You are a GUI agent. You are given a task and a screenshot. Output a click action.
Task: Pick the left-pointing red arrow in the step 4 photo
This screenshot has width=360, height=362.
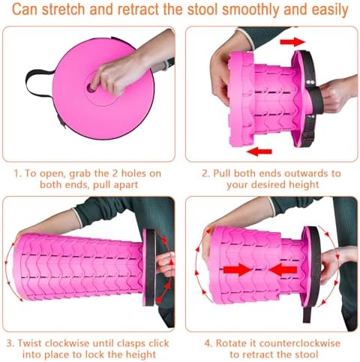pos(283,267)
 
